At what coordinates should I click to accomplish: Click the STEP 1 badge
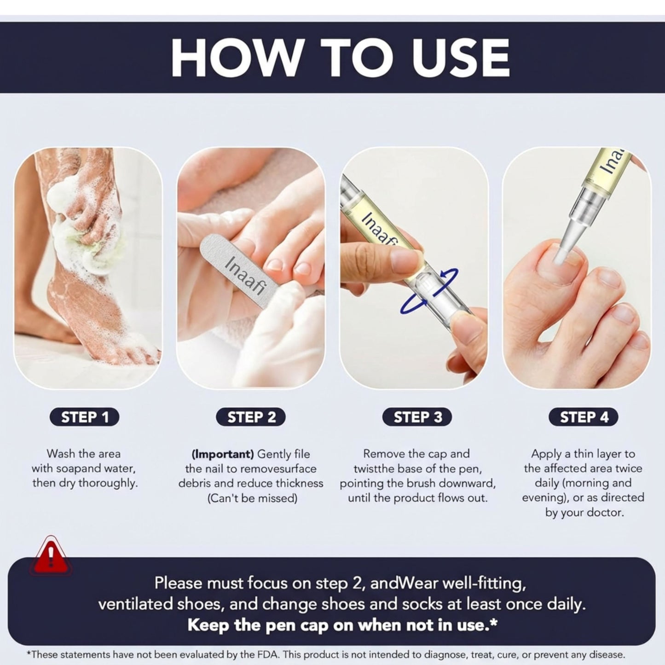(x=85, y=417)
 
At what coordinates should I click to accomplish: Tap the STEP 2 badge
(x=251, y=417)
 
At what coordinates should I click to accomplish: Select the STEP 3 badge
(x=417, y=417)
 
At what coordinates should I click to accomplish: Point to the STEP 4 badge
(x=584, y=417)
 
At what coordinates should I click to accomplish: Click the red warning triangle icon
(x=51, y=556)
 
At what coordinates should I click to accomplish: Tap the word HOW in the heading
(x=235, y=58)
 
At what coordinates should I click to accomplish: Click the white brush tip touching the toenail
(x=561, y=254)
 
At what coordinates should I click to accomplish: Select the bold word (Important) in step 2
(x=223, y=454)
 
